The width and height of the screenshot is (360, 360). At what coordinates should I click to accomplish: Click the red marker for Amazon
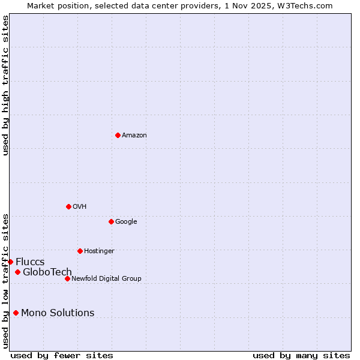pos(118,135)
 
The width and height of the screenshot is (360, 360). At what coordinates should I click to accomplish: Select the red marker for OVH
pos(68,206)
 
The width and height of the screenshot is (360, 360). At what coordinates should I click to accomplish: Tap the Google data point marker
pos(111,221)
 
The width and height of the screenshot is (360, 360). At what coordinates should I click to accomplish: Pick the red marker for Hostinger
pos(80,251)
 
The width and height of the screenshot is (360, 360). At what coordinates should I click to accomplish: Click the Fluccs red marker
pos(10,262)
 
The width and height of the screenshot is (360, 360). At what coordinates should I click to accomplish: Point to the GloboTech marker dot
pos(17,272)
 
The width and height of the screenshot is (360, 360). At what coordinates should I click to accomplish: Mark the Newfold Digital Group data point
pos(67,278)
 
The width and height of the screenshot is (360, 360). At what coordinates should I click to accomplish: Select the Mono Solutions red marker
pos(16,313)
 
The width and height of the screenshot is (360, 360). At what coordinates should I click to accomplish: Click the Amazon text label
pos(134,136)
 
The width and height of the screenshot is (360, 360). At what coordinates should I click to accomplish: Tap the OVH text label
pos(80,207)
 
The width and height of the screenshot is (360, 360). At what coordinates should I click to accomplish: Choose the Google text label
pos(126,222)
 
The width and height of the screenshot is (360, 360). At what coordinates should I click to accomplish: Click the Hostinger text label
pos(99,251)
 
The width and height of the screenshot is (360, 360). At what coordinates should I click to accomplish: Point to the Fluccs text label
pos(30,262)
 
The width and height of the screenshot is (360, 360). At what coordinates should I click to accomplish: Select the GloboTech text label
pos(47,272)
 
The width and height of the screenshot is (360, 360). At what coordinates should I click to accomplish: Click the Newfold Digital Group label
pos(106,278)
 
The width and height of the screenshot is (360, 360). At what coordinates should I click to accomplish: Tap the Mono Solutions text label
pos(58,313)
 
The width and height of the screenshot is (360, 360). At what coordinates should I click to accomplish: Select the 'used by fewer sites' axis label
pos(62,355)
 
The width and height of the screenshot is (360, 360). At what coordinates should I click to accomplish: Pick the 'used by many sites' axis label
pos(301,355)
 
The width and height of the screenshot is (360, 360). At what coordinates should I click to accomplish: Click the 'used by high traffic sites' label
pos(5,85)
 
